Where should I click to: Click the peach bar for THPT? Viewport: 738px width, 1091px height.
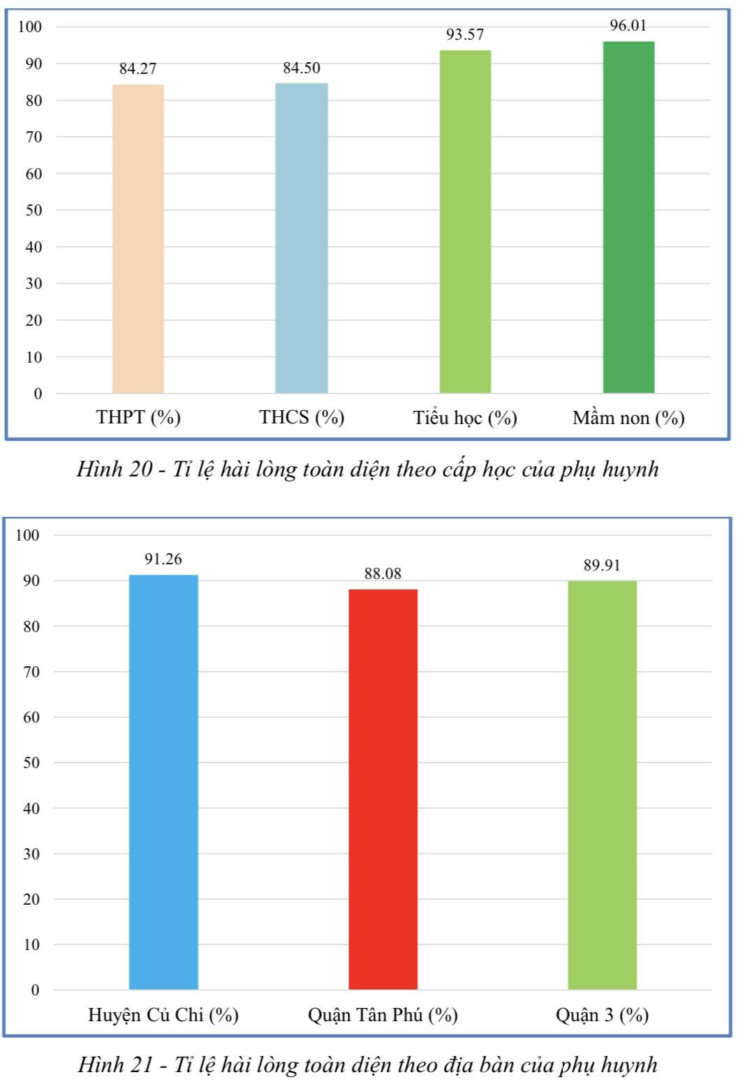tap(138, 239)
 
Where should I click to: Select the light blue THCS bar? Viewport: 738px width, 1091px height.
tap(302, 238)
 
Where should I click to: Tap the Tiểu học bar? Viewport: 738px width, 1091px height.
tap(465, 222)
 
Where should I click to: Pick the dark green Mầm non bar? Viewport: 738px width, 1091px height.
tap(628, 217)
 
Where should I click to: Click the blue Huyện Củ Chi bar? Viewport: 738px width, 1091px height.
tap(163, 782)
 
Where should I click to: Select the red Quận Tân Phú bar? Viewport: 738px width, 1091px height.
tap(383, 789)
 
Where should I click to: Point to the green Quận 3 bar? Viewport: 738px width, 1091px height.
tap(602, 785)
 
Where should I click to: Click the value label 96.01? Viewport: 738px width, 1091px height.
tap(628, 26)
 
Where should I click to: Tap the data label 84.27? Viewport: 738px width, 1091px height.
tap(138, 68)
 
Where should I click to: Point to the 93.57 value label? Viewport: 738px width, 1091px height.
tap(465, 35)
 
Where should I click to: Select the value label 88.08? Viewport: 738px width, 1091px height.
tap(383, 573)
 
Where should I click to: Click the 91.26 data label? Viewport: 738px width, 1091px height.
tap(163, 559)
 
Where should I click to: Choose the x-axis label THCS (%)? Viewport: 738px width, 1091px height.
tap(302, 417)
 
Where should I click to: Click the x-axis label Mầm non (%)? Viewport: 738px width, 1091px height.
tap(628, 418)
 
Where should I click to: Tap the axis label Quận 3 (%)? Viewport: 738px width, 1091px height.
tap(602, 1014)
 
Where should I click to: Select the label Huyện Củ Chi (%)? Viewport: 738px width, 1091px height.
tap(163, 1014)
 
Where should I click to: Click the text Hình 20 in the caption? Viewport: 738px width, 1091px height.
tap(114, 469)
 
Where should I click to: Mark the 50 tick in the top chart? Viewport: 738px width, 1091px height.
tap(34, 210)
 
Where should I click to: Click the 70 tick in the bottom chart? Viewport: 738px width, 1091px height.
tap(32, 672)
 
